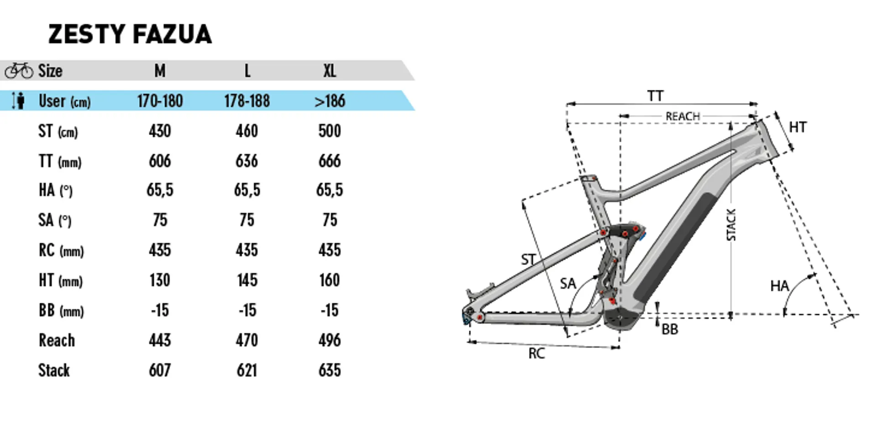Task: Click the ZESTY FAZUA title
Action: (130, 34)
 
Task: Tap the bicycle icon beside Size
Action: (19, 71)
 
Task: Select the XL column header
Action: (329, 71)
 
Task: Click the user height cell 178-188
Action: (247, 101)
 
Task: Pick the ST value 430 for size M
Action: (160, 131)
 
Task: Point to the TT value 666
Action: (329, 161)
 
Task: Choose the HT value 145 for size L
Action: (247, 280)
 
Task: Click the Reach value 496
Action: (329, 340)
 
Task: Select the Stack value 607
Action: (160, 370)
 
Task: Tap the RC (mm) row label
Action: (61, 250)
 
